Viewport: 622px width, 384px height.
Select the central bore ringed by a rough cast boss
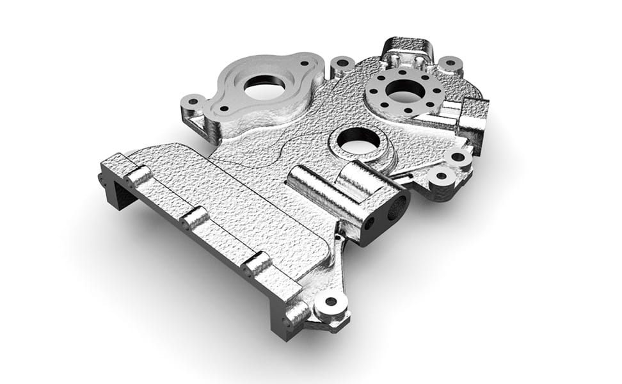357,141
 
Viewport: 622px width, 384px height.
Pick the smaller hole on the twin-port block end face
369,224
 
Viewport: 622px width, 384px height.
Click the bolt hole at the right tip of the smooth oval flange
303,64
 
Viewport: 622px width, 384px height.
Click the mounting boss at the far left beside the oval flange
192,102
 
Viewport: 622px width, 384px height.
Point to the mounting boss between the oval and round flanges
343,63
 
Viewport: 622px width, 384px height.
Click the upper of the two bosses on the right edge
458,156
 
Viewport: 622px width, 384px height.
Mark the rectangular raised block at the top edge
407,48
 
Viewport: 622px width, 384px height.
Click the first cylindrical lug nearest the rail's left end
140,175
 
